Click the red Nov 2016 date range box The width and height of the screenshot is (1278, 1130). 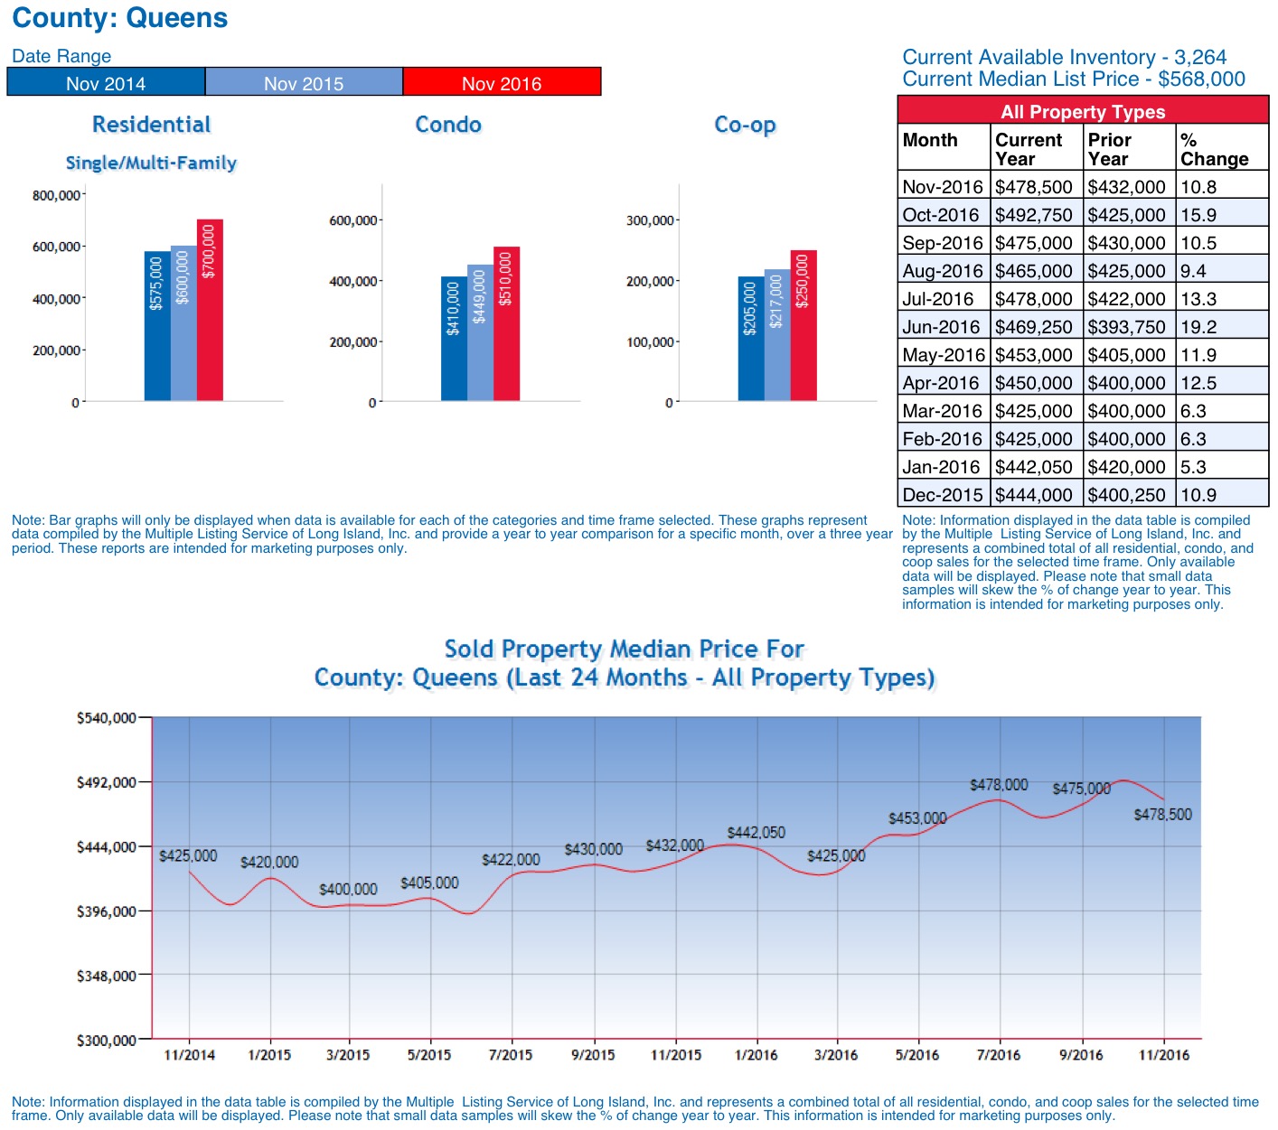(502, 82)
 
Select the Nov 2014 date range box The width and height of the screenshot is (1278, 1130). (106, 82)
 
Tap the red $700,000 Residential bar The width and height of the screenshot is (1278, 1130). (210, 310)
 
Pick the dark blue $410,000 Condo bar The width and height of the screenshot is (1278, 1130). (454, 339)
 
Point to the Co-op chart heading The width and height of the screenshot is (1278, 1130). (745, 125)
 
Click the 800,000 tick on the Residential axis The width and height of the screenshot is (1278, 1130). (56, 195)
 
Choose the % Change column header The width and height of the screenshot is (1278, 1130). (1214, 149)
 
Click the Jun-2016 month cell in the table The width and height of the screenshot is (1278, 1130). (941, 327)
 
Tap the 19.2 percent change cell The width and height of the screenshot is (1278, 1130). (1198, 327)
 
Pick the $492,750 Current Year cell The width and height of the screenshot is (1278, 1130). (1034, 215)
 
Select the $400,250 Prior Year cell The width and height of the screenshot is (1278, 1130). (1126, 495)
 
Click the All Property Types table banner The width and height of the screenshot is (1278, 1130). (1083, 112)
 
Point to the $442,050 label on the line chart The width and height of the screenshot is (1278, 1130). (756, 832)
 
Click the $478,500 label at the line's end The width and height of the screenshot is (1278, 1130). (1162, 814)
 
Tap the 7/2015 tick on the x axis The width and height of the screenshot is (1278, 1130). (511, 1054)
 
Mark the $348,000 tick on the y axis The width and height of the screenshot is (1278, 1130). (106, 976)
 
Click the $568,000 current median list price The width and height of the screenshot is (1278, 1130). (1201, 79)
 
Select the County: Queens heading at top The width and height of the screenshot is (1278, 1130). (119, 18)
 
